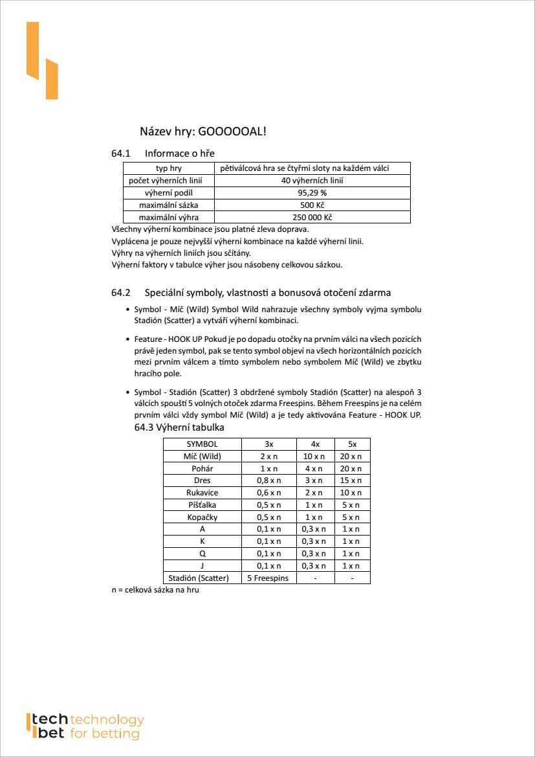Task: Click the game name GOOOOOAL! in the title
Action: pyautogui.click(x=232, y=131)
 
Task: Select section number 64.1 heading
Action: pyautogui.click(x=121, y=153)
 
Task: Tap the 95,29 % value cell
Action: pyautogui.click(x=312, y=193)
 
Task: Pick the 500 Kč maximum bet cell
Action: pyautogui.click(x=312, y=205)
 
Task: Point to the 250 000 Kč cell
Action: pyautogui.click(x=312, y=218)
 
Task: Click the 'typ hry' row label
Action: pyautogui.click(x=168, y=168)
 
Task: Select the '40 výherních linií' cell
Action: pyautogui.click(x=312, y=181)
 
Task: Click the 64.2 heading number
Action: pyautogui.click(x=121, y=293)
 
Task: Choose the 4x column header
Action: pyautogui.click(x=315, y=444)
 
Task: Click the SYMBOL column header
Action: pyautogui.click(x=202, y=444)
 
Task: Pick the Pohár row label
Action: pyautogui.click(x=202, y=468)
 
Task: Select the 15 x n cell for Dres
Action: pyautogui.click(x=351, y=480)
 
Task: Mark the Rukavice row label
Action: pyautogui.click(x=202, y=493)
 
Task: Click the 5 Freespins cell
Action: pyautogui.click(x=268, y=578)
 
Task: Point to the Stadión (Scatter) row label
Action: pyautogui.click(x=202, y=578)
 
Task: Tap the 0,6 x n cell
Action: pyautogui.click(x=268, y=493)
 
